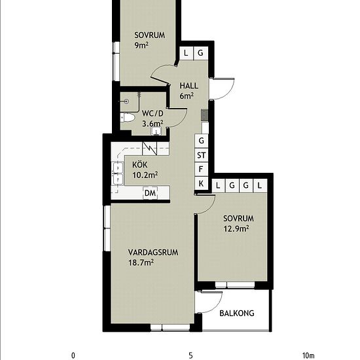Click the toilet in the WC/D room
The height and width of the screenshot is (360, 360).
127,118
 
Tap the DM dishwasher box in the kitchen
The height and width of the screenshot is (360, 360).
151,193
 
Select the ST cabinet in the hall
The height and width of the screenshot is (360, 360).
202,155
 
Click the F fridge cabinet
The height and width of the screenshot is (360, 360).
202,170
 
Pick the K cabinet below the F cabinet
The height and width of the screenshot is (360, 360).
202,183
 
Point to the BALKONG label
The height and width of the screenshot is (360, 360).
237,314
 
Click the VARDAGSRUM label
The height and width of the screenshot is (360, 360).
153,252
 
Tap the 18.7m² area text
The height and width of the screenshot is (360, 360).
141,262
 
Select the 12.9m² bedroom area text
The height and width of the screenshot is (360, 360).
236,228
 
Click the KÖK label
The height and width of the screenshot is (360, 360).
139,164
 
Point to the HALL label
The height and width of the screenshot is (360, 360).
189,86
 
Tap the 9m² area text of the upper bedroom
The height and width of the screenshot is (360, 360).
141,45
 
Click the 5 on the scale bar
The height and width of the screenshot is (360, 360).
190,355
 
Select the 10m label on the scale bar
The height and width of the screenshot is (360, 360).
308,355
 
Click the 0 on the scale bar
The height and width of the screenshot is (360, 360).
73,355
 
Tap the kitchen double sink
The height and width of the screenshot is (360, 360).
118,173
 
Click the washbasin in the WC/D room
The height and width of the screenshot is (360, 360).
156,131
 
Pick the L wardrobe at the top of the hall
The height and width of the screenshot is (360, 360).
186,53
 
